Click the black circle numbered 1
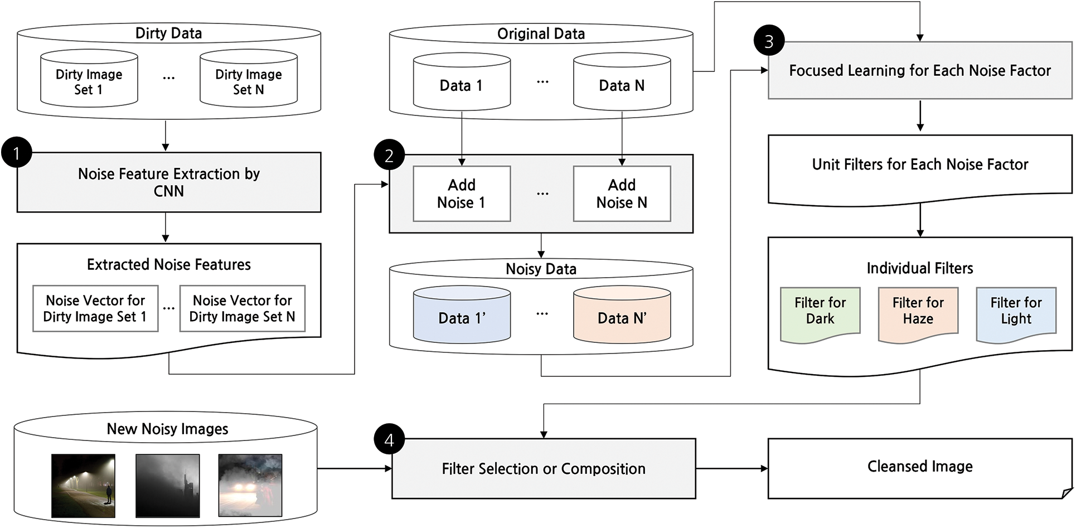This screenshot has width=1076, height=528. coord(17,153)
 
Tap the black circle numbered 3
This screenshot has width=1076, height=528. coord(769,41)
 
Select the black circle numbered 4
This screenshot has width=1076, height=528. coord(389,440)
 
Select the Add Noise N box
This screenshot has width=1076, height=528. coord(622,193)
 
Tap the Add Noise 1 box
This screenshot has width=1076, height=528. coord(462,193)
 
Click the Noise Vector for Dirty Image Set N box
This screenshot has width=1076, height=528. coord(242,308)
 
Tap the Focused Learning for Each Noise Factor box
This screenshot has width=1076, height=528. coord(920,70)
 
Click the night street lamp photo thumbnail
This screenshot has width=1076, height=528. coord(83,486)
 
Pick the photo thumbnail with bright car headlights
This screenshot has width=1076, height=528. coord(250,486)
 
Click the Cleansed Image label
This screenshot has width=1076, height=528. coord(920,466)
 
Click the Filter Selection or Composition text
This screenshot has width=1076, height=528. coord(544,468)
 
